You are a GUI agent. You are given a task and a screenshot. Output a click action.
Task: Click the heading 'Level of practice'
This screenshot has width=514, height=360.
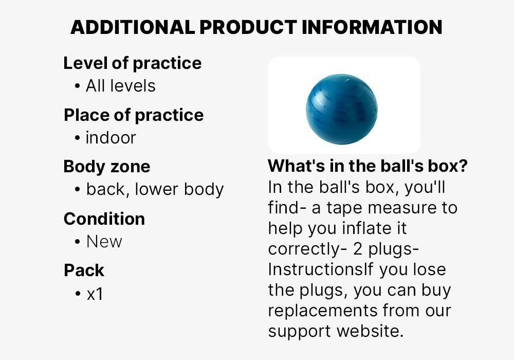pyautogui.click(x=132, y=63)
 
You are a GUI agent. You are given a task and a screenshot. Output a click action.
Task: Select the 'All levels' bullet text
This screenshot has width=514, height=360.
pyautogui.click(x=120, y=85)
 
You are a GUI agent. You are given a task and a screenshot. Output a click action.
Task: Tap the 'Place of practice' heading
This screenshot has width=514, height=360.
pyautogui.click(x=134, y=115)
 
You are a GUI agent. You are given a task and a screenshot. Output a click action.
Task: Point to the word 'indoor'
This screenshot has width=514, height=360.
pyautogui.click(x=111, y=138)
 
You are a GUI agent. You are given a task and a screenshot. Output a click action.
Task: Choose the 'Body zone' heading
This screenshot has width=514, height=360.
pyautogui.click(x=107, y=167)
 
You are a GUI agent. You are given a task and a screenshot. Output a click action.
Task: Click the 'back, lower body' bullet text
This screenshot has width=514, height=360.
pyautogui.click(x=155, y=189)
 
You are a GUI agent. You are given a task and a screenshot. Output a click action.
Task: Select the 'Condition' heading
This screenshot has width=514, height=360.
pyautogui.click(x=104, y=219)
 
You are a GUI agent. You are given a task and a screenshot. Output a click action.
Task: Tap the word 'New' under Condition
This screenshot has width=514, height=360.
pyautogui.click(x=104, y=241)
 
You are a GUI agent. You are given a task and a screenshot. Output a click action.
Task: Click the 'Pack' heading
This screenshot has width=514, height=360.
pyautogui.click(x=84, y=270)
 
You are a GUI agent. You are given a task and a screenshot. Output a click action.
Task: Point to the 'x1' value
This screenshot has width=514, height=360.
pyautogui.click(x=95, y=294)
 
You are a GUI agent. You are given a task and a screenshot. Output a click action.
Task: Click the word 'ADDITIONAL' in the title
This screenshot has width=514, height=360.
pyautogui.click(x=132, y=27)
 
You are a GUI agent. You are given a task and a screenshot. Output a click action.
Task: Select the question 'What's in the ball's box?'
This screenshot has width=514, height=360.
pyautogui.click(x=368, y=166)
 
